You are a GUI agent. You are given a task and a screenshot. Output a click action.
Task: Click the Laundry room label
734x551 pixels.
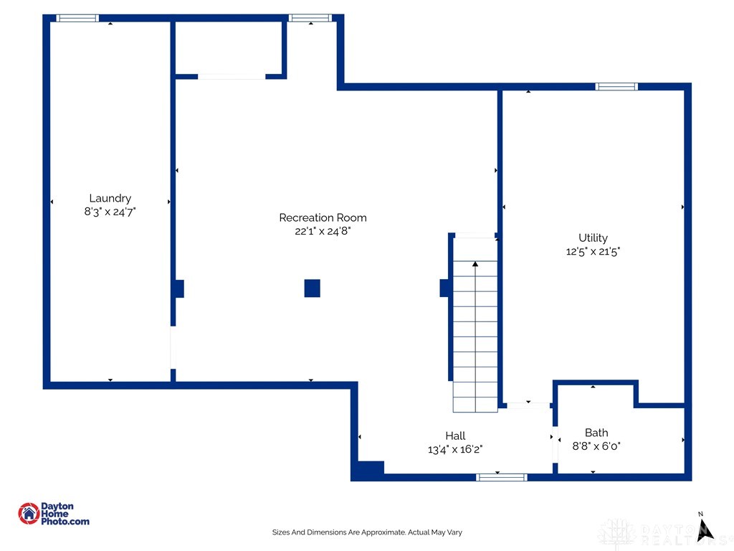(x=110, y=198)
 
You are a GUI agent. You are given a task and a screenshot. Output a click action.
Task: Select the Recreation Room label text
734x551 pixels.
(x=323, y=217)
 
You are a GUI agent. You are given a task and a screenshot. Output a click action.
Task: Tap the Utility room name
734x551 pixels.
(x=593, y=237)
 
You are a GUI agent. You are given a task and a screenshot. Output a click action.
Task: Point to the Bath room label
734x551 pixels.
(x=596, y=433)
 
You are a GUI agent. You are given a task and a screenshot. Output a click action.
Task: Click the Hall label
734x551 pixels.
(x=455, y=435)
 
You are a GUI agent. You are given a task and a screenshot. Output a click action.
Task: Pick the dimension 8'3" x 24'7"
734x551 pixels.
(x=110, y=212)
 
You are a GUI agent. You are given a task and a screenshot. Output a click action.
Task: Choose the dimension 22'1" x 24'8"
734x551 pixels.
(x=323, y=231)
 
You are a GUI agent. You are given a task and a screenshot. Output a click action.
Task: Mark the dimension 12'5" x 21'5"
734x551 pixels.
(x=593, y=251)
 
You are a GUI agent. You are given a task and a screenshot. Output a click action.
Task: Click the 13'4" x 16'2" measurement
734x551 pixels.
(x=455, y=449)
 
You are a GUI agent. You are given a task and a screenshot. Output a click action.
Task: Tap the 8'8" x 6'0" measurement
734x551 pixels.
(x=596, y=446)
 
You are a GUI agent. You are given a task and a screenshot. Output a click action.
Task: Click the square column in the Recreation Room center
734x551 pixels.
(x=312, y=288)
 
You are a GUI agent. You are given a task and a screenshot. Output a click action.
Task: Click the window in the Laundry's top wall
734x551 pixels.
(x=77, y=18)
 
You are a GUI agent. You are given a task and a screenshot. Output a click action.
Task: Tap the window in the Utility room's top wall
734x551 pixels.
(x=616, y=87)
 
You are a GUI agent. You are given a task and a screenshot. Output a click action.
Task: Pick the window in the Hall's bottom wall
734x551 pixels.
(x=502, y=477)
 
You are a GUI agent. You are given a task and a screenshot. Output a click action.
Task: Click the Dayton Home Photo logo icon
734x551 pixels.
(x=29, y=513)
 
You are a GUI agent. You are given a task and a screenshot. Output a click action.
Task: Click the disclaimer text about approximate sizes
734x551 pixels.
(x=367, y=532)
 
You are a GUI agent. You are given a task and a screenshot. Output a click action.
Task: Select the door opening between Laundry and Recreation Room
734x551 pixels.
(x=172, y=347)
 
